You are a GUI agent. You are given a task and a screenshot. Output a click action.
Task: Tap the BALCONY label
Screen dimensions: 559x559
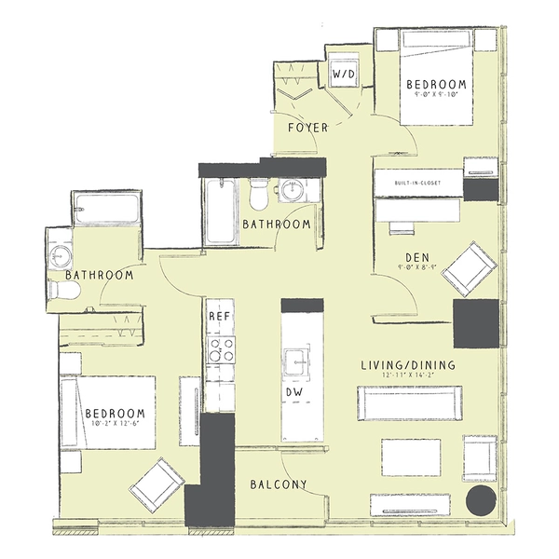[x=279, y=484]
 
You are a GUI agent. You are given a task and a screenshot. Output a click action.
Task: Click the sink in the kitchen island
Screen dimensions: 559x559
[x=301, y=359]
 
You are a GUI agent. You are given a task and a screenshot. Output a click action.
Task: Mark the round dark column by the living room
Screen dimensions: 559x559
[x=482, y=500]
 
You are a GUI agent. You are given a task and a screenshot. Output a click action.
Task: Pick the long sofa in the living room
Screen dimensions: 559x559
[x=408, y=402]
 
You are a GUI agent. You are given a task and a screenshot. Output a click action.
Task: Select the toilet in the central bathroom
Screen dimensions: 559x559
[x=259, y=193]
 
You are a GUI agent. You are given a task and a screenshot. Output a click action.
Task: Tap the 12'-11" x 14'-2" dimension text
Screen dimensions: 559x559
[x=408, y=377]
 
